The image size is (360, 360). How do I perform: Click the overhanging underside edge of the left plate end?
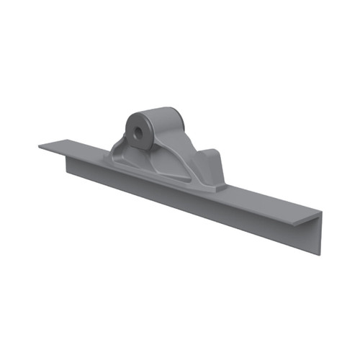coord(54,153)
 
